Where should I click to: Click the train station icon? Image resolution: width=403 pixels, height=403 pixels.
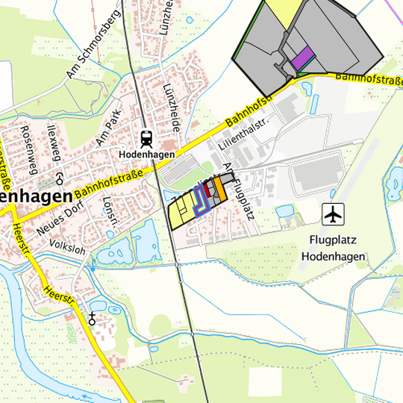(x=146, y=138)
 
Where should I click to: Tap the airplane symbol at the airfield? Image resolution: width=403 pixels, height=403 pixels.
(x=333, y=214)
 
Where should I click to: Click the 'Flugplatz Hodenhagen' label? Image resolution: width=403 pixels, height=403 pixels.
(x=334, y=249)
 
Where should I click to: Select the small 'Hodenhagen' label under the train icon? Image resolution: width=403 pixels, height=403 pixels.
(x=146, y=154)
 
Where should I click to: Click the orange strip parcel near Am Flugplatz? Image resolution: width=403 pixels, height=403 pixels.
(x=220, y=189)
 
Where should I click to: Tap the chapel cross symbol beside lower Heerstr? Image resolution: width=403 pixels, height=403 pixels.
(x=93, y=319)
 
